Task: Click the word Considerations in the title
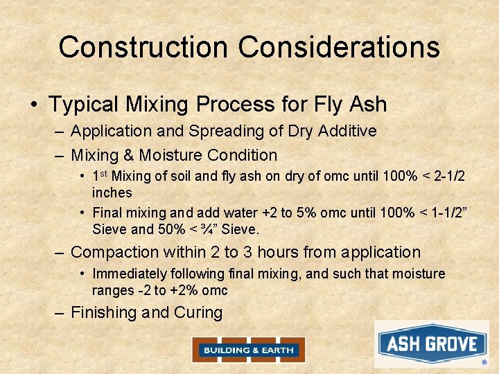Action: pos(339,47)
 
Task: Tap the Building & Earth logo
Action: pos(248,350)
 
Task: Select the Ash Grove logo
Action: pos(432,344)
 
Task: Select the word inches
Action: pos(112,192)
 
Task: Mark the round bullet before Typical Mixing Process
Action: pos(34,105)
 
